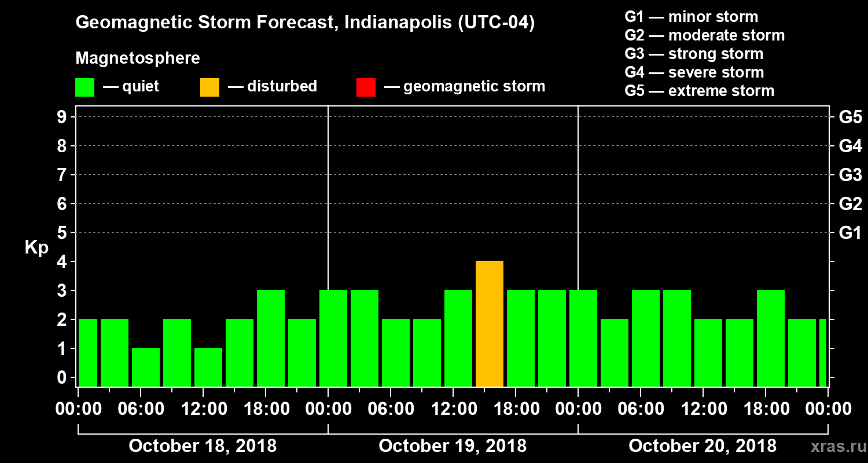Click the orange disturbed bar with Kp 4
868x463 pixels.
490,324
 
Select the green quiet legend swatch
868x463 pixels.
84,87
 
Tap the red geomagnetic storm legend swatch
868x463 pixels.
366,87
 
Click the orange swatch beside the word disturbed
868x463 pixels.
209,87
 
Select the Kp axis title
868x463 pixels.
36,247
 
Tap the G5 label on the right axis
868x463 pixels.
850,117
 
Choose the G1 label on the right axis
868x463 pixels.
850,233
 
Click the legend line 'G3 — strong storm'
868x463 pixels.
694,54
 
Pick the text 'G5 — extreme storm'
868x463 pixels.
699,91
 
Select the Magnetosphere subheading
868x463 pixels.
138,58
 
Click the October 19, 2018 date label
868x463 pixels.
453,446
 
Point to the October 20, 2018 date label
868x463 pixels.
703,446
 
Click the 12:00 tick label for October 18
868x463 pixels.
204,409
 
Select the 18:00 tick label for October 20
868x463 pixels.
766,409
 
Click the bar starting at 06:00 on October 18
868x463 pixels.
146,367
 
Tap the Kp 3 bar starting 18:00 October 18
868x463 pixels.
271,339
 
